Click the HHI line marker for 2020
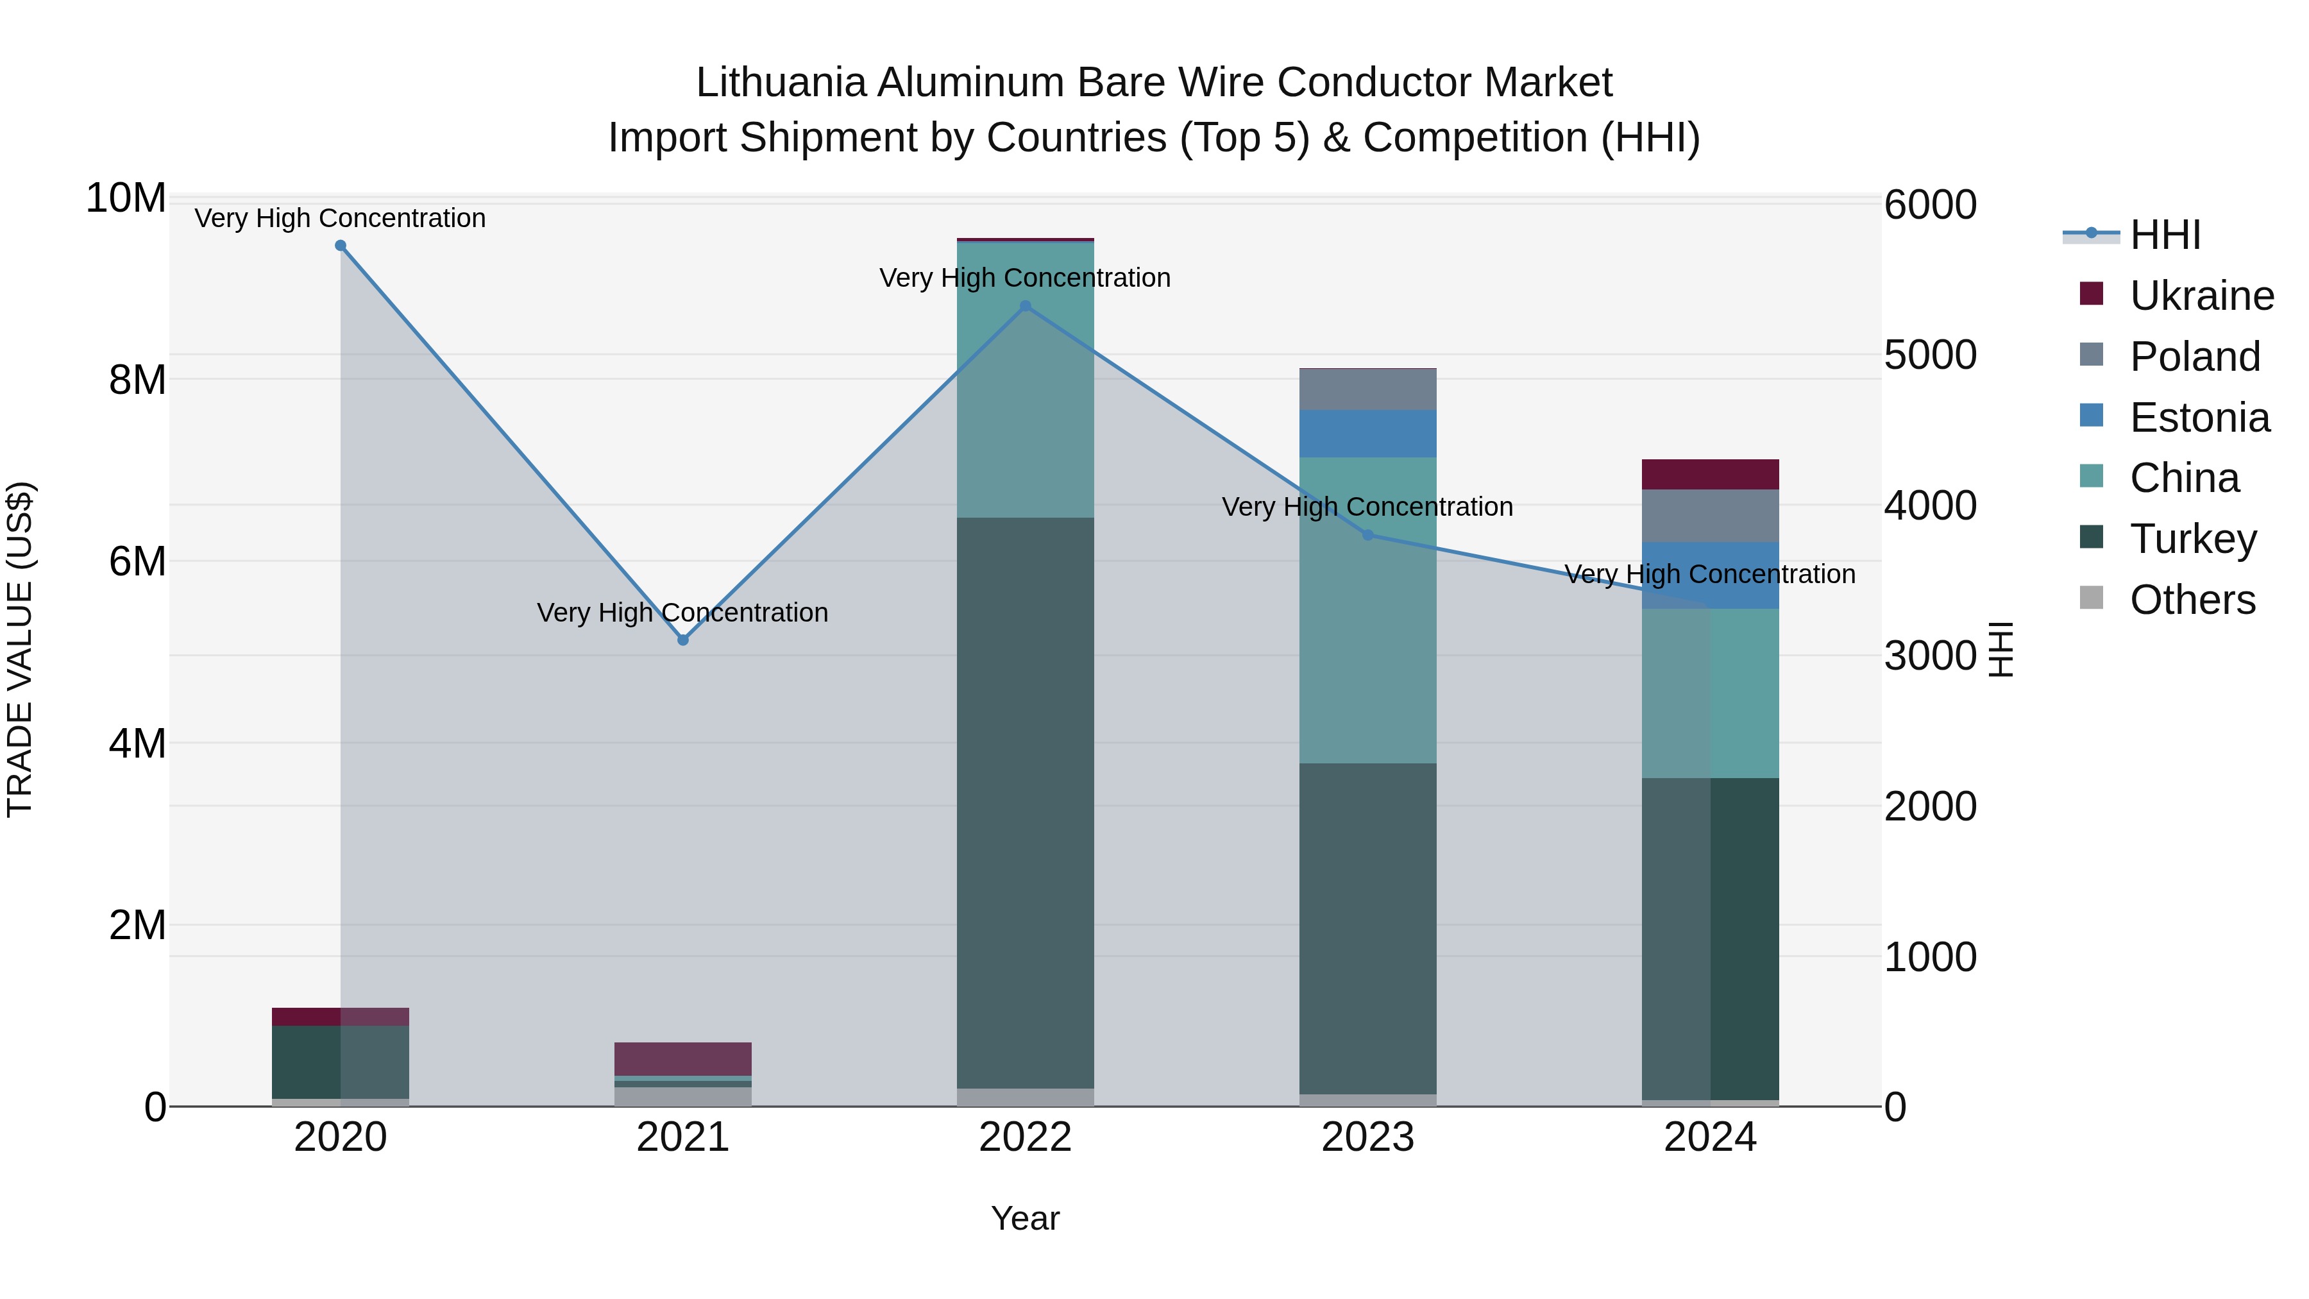341,246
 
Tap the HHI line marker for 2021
683,640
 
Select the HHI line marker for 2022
1026,306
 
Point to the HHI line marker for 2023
1368,535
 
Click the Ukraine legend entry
2201,296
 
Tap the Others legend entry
2192,600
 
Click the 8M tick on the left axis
137,380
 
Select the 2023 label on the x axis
1368,1137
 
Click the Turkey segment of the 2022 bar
1026,802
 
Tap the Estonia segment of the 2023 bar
1368,434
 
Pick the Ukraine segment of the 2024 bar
1710,474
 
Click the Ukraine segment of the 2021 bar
683,1058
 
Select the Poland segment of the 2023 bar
1368,390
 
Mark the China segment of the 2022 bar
1026,379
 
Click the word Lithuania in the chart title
780,83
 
